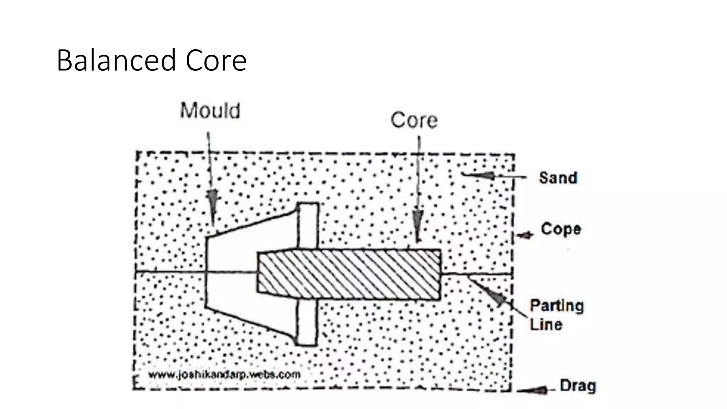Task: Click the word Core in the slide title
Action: click(x=216, y=60)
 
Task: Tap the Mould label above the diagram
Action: click(x=210, y=110)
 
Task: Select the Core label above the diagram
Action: click(x=414, y=120)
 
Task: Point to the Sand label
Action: click(x=558, y=178)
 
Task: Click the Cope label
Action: click(x=561, y=229)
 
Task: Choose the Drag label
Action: click(x=578, y=386)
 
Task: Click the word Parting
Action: click(x=557, y=306)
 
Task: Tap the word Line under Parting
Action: click(x=546, y=325)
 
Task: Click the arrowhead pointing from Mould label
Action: click(x=212, y=202)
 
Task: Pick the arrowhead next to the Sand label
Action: click(x=485, y=175)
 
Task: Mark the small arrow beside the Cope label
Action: click(x=525, y=235)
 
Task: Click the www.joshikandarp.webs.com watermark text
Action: click(x=224, y=375)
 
